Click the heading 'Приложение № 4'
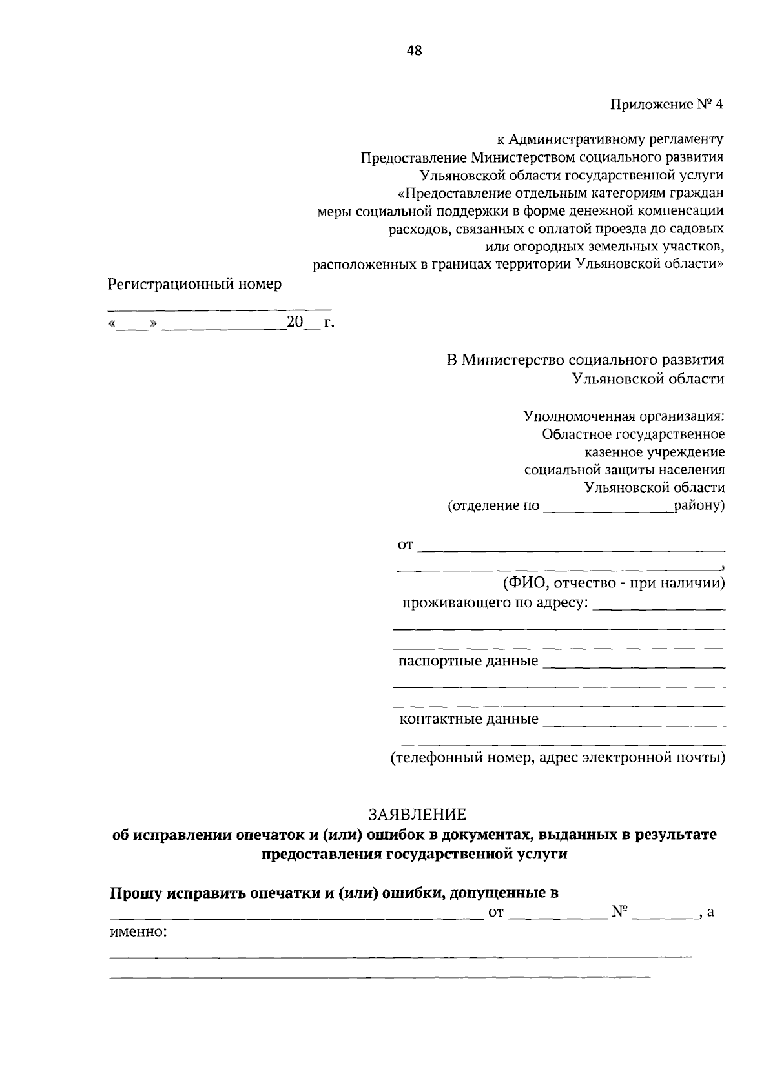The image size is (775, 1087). pos(667,104)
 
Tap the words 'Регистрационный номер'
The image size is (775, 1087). pos(194,284)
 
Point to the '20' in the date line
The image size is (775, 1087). pos(294,322)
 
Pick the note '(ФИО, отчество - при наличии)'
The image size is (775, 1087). pos(614,584)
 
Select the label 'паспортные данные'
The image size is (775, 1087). pos(468,661)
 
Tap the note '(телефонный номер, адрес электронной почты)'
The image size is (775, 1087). pos(557,758)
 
